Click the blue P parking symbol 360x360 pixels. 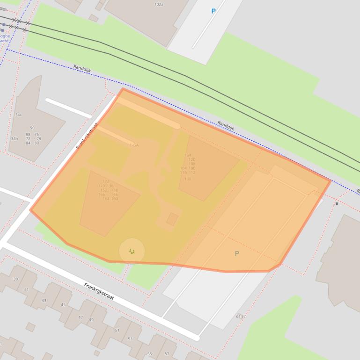213,11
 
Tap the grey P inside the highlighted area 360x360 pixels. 236,253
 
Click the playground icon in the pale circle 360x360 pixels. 132,252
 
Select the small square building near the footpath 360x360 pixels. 172,219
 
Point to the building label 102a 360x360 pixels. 159,4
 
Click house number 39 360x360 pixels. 15,279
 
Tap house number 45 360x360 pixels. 63,305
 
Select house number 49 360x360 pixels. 91,320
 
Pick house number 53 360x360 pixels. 130,339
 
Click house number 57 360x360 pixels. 167,354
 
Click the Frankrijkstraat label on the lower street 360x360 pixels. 99,291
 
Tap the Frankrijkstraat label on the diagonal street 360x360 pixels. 87,136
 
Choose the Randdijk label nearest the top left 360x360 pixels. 82,69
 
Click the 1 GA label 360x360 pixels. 134,145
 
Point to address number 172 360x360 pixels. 105,181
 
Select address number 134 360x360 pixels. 188,155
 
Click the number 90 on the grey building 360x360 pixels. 32,128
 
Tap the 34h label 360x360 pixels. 15,138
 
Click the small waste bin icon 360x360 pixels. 337,203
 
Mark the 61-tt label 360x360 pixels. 241,317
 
